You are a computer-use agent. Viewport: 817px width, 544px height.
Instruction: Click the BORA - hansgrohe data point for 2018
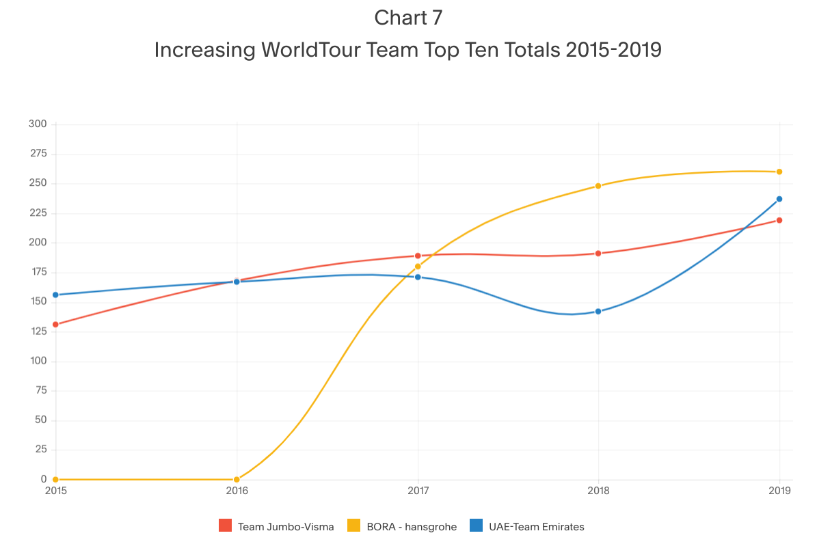(598, 186)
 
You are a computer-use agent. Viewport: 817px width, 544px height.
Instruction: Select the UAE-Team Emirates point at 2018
(598, 312)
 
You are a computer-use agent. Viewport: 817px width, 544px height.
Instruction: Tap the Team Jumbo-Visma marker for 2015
(55, 325)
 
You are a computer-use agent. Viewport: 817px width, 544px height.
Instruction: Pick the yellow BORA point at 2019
(779, 172)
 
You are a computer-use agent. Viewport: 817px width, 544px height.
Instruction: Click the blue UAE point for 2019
(779, 199)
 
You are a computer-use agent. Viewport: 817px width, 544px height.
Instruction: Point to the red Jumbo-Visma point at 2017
(418, 256)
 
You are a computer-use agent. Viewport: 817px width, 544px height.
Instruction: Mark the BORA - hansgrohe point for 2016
(237, 480)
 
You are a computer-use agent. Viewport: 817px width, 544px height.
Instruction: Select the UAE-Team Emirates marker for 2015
(55, 295)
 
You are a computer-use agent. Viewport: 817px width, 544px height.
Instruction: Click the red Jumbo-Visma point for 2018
(598, 254)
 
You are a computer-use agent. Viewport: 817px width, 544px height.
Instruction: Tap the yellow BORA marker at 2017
(418, 267)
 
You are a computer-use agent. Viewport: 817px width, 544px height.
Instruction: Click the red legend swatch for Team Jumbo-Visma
(226, 526)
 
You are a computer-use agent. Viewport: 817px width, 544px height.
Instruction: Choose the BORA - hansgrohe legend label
(408, 527)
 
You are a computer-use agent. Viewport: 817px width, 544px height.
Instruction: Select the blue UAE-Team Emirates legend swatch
(477, 526)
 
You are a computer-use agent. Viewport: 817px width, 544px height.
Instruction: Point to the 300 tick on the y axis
(38, 124)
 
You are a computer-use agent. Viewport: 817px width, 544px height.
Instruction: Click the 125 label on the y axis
(38, 331)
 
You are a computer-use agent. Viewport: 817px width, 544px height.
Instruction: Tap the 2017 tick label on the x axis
(418, 491)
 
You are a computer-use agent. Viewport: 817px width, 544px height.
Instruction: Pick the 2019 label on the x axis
(779, 491)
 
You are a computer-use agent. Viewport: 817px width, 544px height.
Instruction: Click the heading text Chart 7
(408, 18)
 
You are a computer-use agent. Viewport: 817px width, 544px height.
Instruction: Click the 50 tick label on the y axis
(40, 420)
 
